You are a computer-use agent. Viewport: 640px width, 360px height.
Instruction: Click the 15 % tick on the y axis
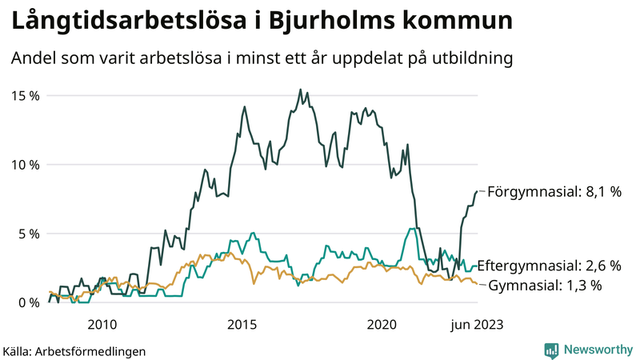click(24, 96)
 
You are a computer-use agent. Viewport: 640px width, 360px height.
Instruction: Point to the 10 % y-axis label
click(24, 165)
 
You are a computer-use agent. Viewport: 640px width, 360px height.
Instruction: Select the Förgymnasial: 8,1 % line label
click(554, 192)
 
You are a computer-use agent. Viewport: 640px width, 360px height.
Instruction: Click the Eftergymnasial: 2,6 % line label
click(554, 266)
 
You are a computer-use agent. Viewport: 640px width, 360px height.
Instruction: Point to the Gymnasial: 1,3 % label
click(544, 286)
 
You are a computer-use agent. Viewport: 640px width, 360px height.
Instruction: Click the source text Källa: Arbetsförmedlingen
click(74, 350)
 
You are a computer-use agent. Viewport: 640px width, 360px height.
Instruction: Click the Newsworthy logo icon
click(551, 350)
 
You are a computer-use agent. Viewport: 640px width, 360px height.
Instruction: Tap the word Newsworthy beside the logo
click(596, 350)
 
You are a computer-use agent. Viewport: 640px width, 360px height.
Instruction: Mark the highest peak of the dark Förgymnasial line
click(300, 90)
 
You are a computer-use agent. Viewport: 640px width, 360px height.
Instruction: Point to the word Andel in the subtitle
click(31, 59)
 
